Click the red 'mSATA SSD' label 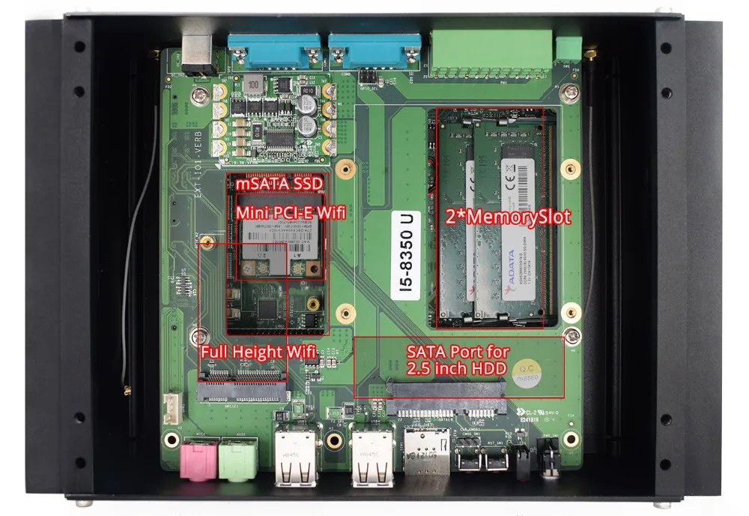click(269, 184)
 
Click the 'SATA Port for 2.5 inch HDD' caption click(458, 360)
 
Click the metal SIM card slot click(428, 454)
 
